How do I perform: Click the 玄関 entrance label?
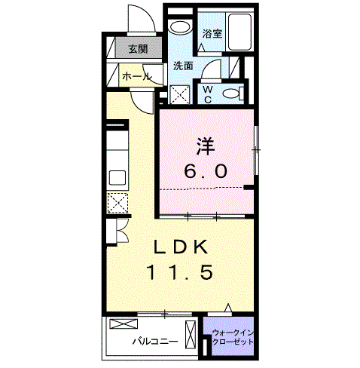137,50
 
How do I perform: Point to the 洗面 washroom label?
184,66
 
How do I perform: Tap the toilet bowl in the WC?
234,93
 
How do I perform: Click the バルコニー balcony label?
155,340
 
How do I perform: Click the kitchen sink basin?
117,178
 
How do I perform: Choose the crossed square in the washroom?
181,94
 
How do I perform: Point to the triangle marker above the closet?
229,308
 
